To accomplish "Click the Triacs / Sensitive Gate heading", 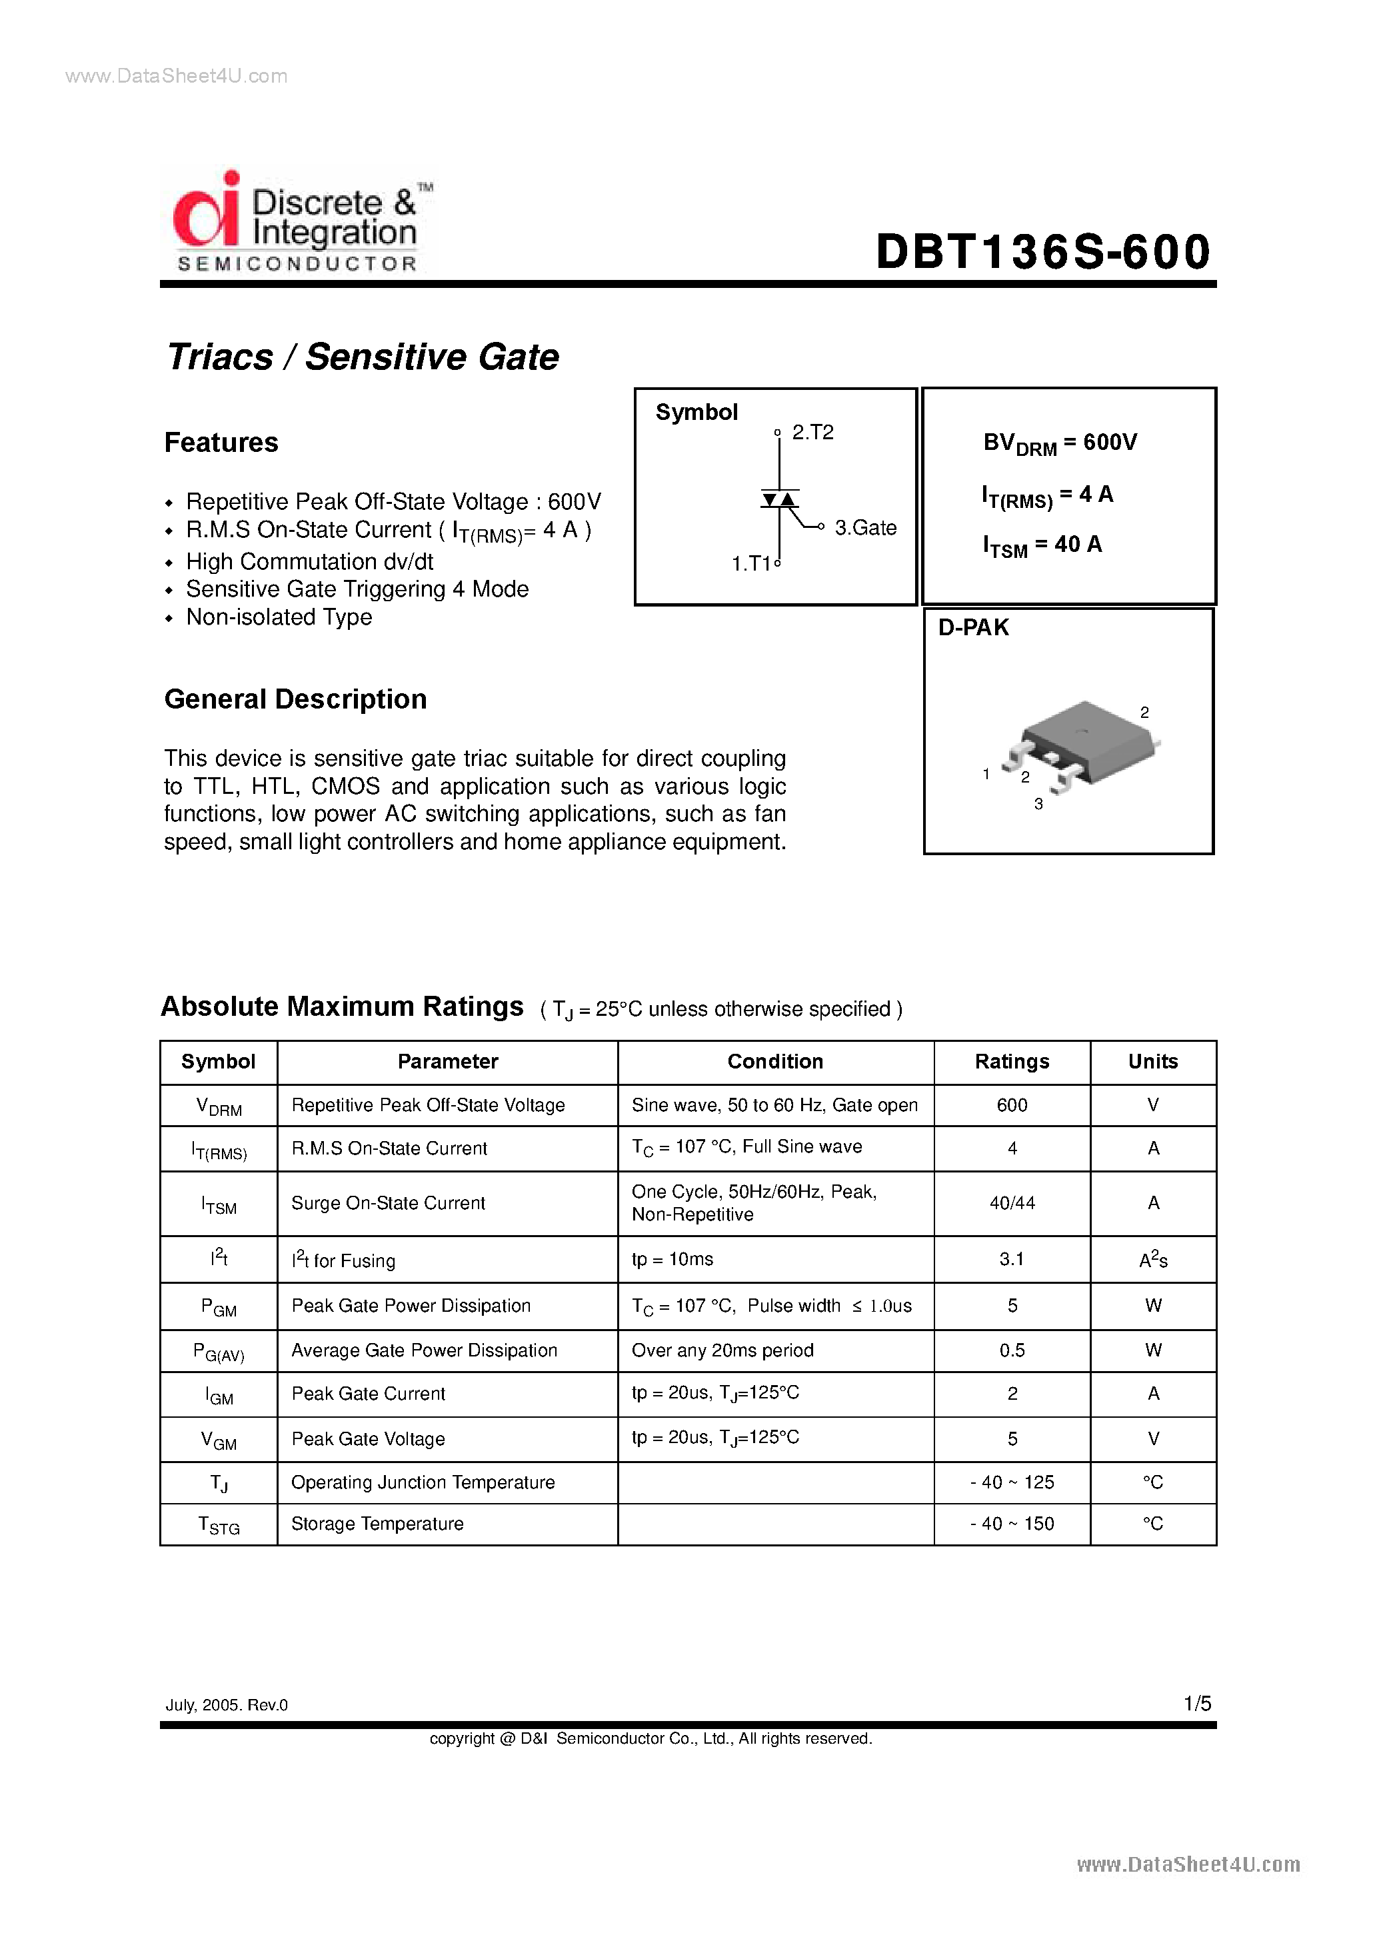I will click(x=363, y=357).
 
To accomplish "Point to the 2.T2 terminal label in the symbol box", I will click(x=812, y=433).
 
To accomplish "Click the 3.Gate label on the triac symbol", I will click(x=865, y=528).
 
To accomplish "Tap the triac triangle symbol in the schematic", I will click(x=779, y=500).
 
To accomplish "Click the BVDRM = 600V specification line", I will click(x=1060, y=443).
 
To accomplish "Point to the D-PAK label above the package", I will click(x=973, y=628).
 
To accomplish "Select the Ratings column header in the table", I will click(x=1011, y=1062).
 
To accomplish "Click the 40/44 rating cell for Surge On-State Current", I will click(x=1011, y=1204).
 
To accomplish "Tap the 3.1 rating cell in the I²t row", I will click(x=1011, y=1260).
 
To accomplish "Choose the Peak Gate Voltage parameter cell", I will click(x=368, y=1440).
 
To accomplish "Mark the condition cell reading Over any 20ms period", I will click(x=722, y=1350).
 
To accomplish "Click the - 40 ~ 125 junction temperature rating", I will click(x=1011, y=1483).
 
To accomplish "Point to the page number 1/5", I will click(x=1197, y=1704).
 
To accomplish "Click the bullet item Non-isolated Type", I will click(x=279, y=618).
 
